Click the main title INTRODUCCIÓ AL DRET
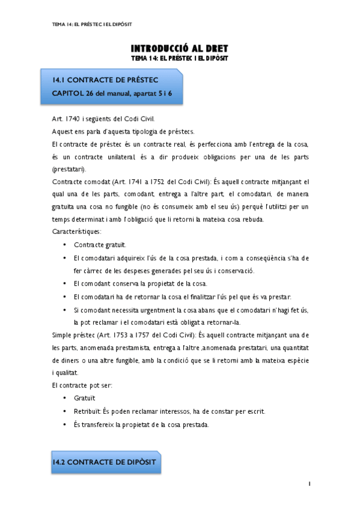tap(180, 48)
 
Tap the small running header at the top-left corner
tap(93, 24)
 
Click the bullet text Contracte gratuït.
tap(100, 245)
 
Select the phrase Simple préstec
tap(75, 334)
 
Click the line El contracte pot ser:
tap(82, 385)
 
